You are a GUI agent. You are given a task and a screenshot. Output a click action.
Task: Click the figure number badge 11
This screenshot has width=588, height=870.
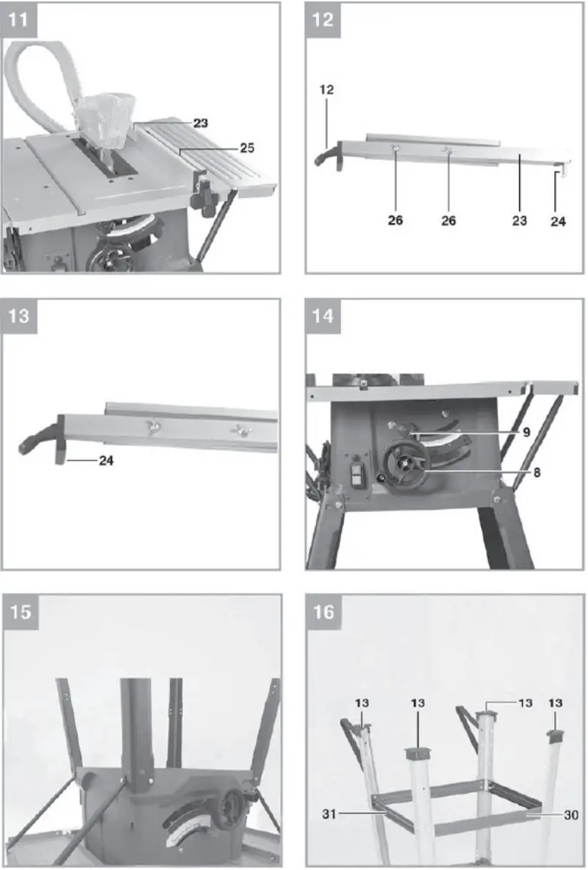21,19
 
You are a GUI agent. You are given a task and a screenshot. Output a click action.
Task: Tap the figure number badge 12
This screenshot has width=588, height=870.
323,19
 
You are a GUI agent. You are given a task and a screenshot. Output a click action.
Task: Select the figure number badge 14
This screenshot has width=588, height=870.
323,316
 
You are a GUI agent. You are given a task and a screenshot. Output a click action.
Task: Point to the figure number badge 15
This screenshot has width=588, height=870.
21,611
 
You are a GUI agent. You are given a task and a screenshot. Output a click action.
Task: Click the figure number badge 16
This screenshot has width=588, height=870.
323,611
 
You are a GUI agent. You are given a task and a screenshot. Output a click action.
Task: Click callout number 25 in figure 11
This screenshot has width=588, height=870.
247,148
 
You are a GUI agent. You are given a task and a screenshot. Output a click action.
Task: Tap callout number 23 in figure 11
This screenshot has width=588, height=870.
200,124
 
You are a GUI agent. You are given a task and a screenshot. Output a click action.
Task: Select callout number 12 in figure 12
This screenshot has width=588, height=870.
326,89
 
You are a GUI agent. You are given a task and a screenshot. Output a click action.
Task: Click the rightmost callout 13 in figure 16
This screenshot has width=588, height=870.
555,703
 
